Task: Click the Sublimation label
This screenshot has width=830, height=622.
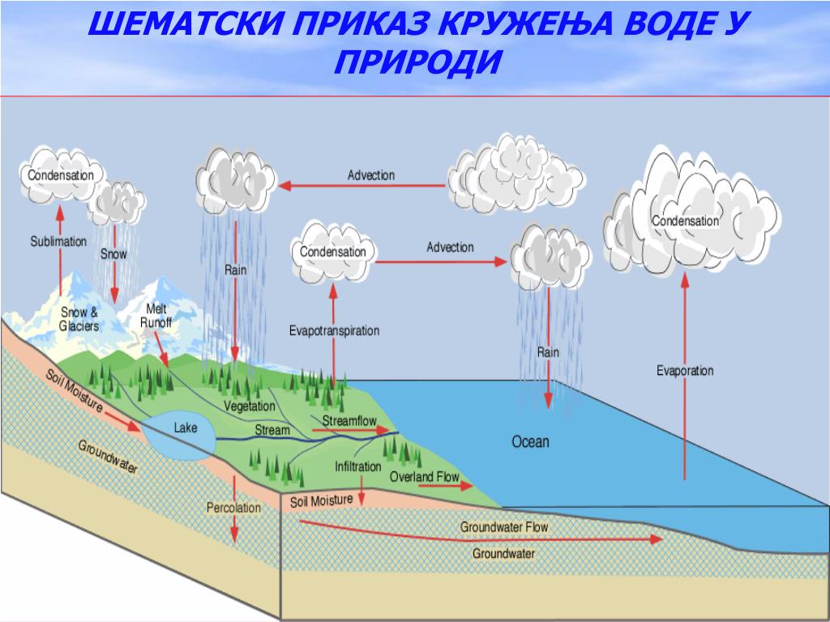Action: click(x=58, y=241)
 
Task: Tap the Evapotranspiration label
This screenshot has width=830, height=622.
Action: click(x=334, y=330)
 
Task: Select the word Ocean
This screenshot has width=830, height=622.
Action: click(x=530, y=442)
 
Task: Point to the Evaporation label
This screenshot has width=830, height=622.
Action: click(x=685, y=371)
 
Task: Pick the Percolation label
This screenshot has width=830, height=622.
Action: click(x=233, y=508)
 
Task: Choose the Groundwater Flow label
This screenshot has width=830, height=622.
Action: click(x=504, y=527)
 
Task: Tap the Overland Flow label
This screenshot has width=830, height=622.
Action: click(x=424, y=477)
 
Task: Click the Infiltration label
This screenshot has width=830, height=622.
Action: click(x=357, y=467)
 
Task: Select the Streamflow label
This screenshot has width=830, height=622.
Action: click(x=349, y=421)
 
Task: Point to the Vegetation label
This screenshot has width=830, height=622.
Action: click(x=250, y=406)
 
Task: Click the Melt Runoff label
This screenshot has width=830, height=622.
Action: click(x=156, y=316)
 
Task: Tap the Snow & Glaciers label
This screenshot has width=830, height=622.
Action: click(x=79, y=320)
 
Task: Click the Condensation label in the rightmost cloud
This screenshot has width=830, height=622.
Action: click(x=685, y=221)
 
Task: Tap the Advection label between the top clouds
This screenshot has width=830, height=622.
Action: click(x=371, y=176)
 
